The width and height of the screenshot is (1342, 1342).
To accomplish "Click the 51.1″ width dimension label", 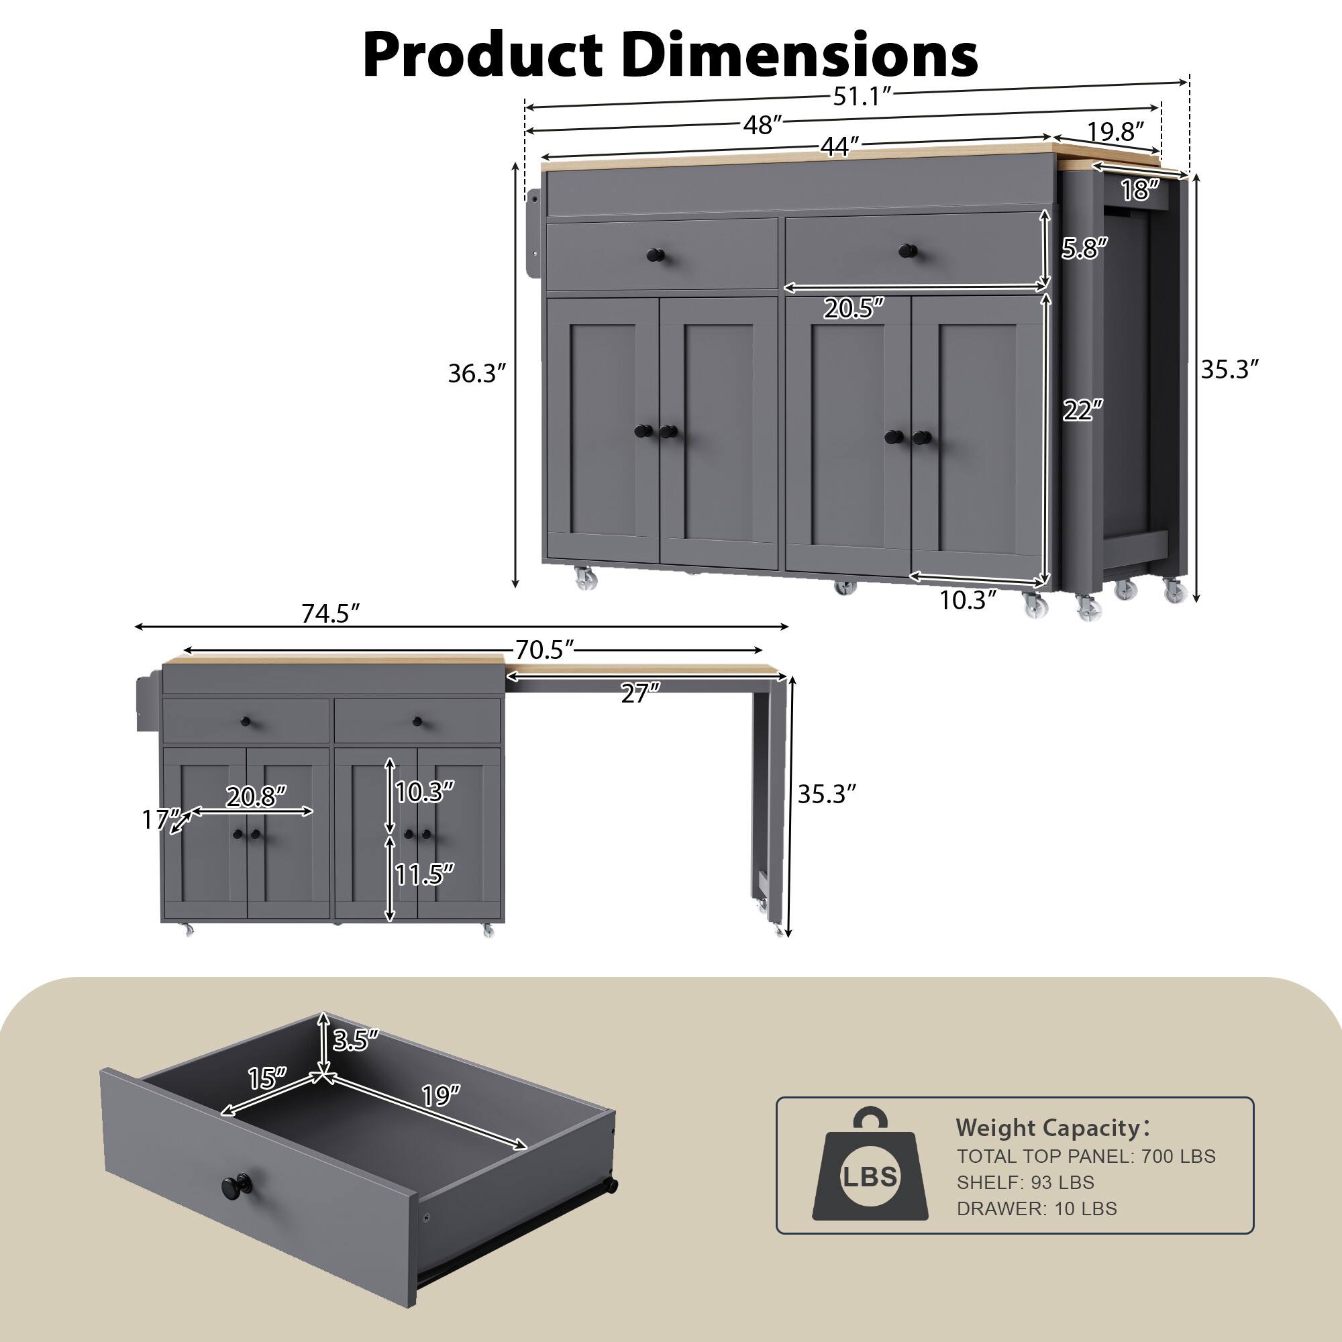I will point(861,97).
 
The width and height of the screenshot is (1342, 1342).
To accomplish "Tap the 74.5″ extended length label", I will point(330,613).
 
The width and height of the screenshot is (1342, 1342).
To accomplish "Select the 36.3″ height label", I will point(476,374).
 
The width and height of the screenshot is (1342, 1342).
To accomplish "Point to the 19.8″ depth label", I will point(1114,132).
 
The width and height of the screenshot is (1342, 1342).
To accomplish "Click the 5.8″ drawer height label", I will point(1084,248).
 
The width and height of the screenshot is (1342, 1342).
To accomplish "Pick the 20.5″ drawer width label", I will point(854,308).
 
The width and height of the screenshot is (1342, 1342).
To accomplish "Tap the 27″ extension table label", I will point(639,692).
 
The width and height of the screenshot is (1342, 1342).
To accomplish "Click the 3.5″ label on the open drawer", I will point(356,1039).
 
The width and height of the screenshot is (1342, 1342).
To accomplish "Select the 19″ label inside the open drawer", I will point(441,1096).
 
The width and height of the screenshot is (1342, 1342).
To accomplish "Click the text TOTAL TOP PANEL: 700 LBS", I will point(1086,1157).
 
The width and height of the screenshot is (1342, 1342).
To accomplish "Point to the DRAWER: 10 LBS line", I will point(1037,1208).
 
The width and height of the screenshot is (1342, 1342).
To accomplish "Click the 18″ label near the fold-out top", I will point(1140,190).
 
